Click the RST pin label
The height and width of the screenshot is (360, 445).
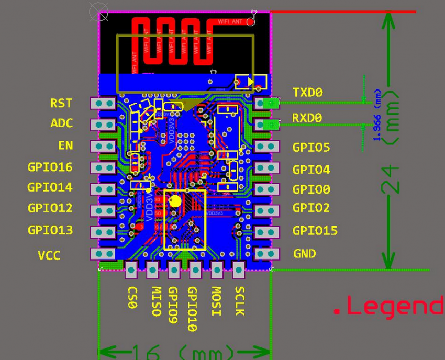point(61,103)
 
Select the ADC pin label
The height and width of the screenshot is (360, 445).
point(61,123)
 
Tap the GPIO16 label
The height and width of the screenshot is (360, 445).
point(50,167)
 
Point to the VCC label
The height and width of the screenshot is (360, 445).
point(49,255)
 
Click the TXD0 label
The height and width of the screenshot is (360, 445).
point(308,93)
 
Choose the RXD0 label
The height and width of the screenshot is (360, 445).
point(308,118)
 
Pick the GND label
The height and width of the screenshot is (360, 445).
point(304,254)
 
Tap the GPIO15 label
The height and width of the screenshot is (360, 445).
point(315,230)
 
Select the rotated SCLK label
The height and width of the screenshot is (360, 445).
point(239,301)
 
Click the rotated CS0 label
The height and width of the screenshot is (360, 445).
point(132,297)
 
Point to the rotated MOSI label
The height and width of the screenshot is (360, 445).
point(216,301)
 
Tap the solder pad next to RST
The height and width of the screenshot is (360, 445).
point(103,104)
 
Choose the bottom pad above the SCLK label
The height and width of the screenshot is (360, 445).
point(238,271)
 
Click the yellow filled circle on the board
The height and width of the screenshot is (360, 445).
point(175,200)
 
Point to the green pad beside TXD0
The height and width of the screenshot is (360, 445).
point(271,103)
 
